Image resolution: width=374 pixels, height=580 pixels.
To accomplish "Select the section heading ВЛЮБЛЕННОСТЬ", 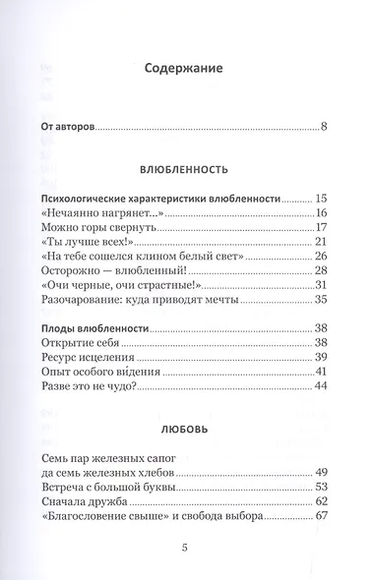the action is pos(185,168).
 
